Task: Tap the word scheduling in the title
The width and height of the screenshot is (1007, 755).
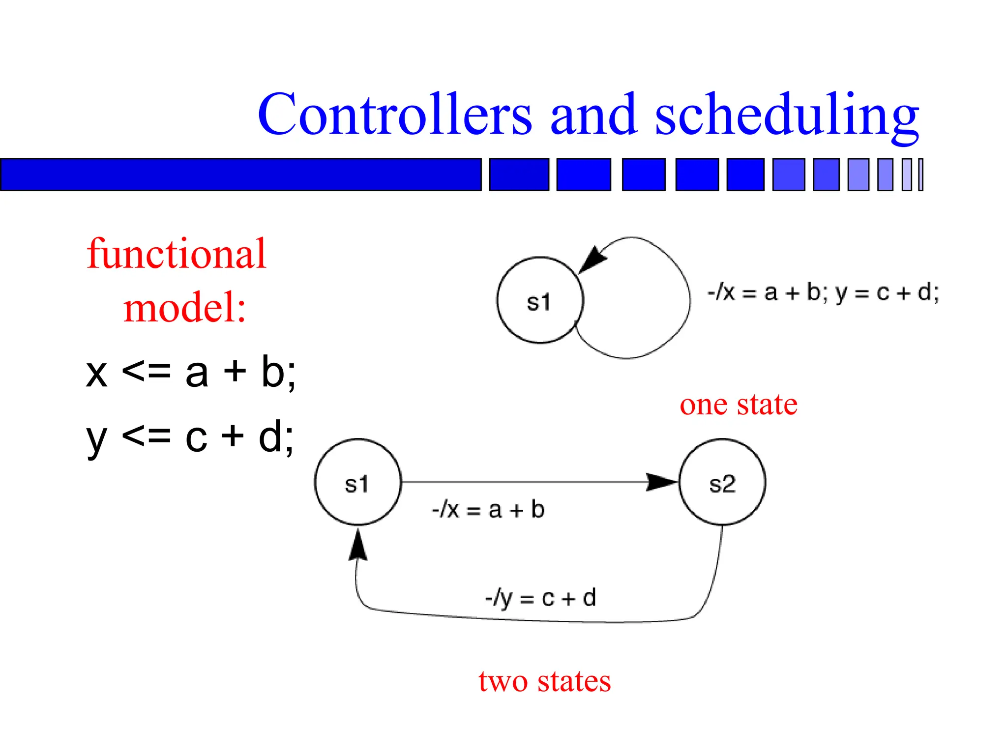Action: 787,115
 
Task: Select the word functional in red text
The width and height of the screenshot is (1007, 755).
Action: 177,254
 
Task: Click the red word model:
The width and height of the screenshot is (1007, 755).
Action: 184,308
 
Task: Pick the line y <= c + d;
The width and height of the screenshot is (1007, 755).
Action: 190,437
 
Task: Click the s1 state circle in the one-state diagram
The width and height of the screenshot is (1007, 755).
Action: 540,300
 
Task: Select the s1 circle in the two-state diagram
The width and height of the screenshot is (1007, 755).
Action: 358,482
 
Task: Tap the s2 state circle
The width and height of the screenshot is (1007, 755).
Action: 722,482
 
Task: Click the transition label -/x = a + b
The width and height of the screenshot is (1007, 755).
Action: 488,510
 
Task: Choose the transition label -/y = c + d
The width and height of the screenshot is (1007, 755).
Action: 540,598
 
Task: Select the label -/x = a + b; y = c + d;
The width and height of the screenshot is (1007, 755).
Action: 823,293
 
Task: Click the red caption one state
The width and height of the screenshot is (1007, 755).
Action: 739,405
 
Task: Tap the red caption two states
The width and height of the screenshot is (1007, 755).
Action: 544,682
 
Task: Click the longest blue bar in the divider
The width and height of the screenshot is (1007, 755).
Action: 240,174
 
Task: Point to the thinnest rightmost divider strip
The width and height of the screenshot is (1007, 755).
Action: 921,174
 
